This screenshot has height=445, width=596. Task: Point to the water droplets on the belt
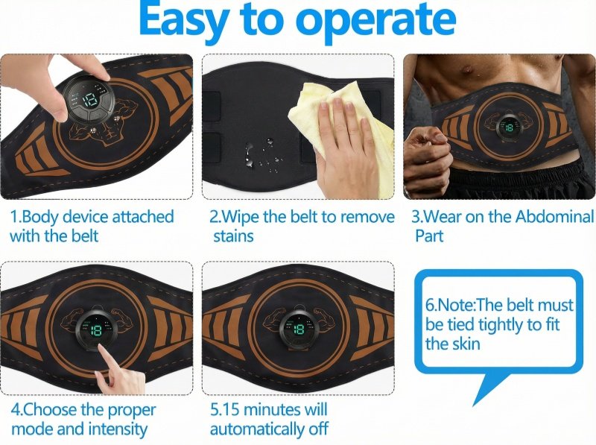tap(263, 155)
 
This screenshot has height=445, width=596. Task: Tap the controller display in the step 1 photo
tap(88, 99)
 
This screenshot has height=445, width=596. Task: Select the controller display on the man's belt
tap(508, 127)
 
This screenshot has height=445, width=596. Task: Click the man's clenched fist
tap(426, 156)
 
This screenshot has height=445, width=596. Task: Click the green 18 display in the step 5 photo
tap(299, 329)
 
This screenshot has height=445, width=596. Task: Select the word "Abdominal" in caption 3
tap(554, 217)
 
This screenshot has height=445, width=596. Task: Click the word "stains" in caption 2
tap(233, 236)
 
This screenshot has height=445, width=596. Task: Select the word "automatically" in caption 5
tap(258, 430)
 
